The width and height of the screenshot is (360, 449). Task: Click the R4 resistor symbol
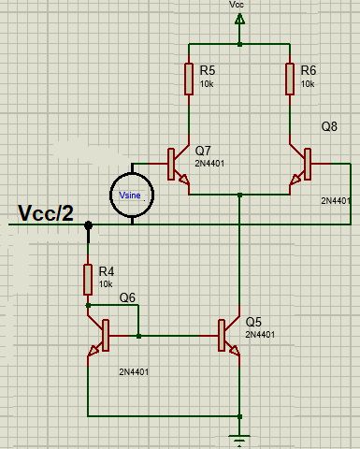pos(88,278)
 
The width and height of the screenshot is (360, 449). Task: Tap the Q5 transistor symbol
pos(228,336)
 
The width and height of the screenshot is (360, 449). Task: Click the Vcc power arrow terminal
pos(240,37)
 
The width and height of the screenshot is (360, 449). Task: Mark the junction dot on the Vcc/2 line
pos(88,225)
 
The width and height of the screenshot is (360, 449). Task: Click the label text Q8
pos(330,126)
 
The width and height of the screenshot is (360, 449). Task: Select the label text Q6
pos(127,297)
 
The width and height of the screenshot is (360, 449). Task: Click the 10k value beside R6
pos(309,84)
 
